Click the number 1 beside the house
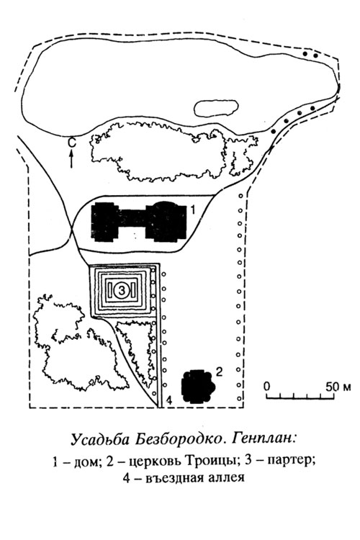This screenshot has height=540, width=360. click(x=193, y=210)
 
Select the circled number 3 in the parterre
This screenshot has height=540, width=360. click(x=122, y=291)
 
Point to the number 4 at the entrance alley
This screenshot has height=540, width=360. click(x=168, y=400)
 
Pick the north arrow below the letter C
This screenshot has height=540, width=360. click(x=72, y=159)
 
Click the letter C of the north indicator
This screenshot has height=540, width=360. click(x=71, y=143)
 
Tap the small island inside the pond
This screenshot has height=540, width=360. click(x=216, y=108)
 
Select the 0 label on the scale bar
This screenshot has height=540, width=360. click(x=267, y=387)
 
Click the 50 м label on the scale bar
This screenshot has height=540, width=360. click(x=338, y=387)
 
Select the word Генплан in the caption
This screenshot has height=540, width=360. click(x=264, y=439)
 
